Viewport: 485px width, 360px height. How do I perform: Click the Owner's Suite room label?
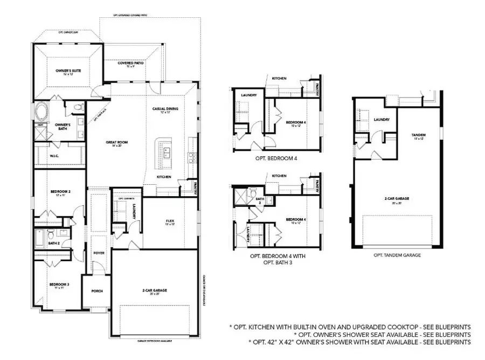click(67, 71)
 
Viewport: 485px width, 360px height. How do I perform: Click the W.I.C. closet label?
click(54, 157)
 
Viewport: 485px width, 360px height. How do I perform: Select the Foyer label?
click(98, 252)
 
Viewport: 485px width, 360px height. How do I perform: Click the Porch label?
click(97, 291)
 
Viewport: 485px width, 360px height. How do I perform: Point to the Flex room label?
click(170, 221)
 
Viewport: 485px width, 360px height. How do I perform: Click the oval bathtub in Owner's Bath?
click(41, 113)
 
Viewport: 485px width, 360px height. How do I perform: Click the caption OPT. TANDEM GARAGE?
click(397, 255)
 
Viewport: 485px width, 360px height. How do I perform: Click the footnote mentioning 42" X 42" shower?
click(359, 342)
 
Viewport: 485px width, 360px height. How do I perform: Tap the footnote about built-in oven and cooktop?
click(350, 327)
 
